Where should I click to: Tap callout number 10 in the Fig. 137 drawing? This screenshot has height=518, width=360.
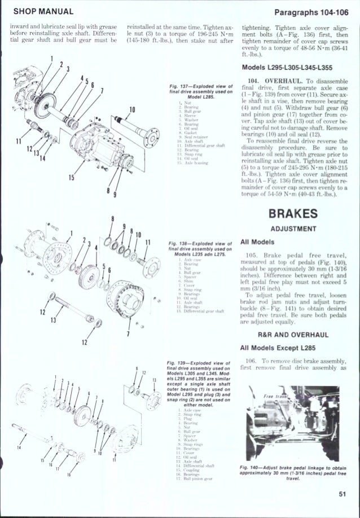(x=131, y=108)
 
